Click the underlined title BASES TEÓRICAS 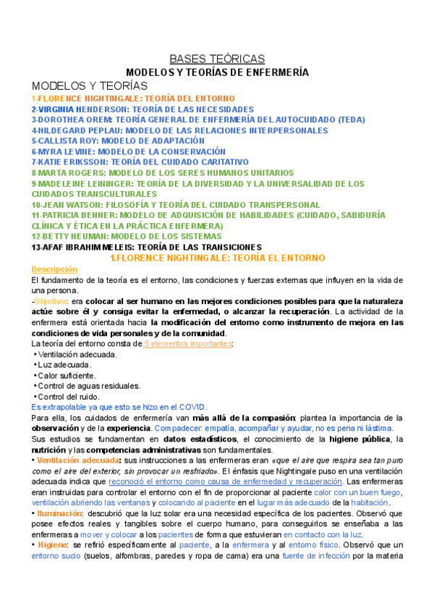[217, 59]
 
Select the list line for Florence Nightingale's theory [133, 98]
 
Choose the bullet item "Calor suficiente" [67, 376]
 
